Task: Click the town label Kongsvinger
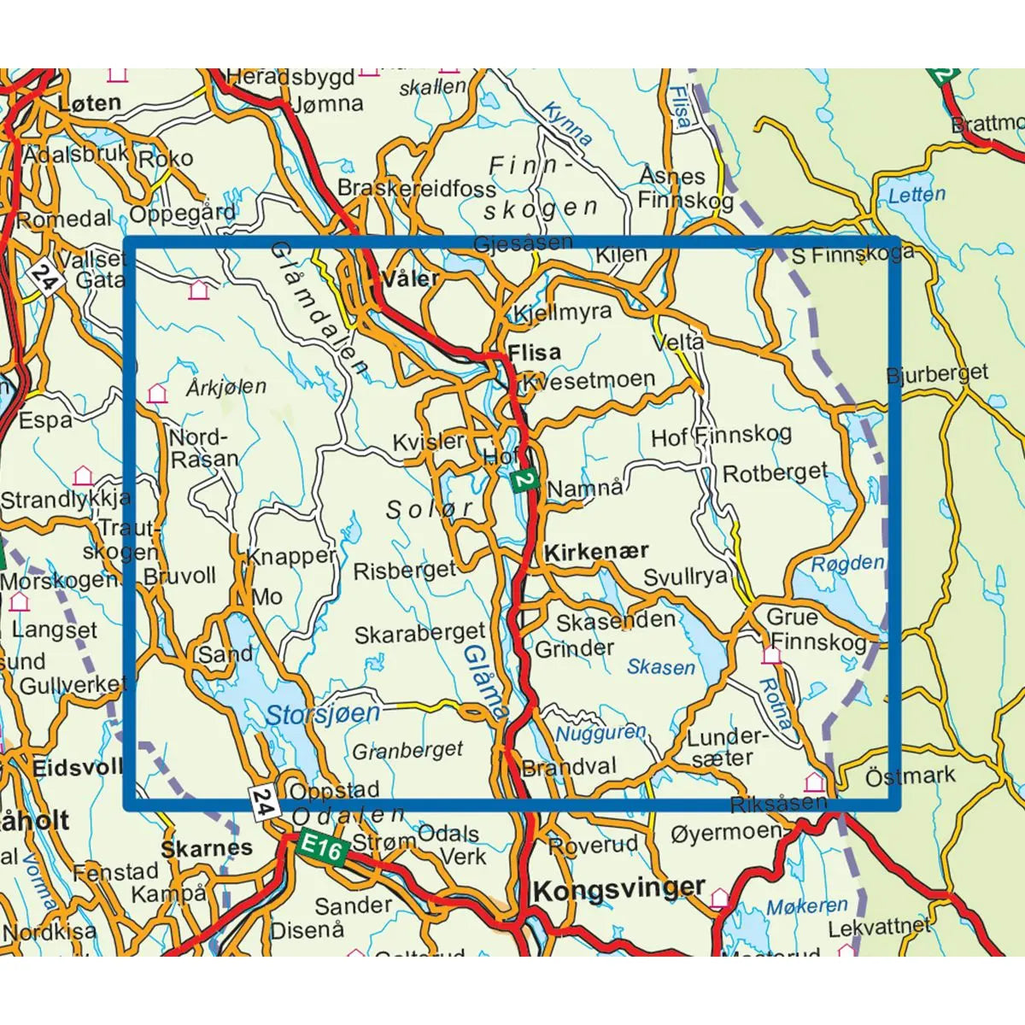click(618, 890)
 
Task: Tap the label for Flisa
click(534, 352)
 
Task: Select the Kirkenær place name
click(596, 552)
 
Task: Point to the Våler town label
click(412, 278)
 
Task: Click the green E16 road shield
click(322, 848)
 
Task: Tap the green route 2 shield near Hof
click(524, 481)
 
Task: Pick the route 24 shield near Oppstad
click(265, 803)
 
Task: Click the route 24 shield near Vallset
click(44, 278)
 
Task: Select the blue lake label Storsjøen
click(322, 714)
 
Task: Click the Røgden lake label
click(847, 564)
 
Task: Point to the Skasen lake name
click(661, 667)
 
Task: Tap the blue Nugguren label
click(600, 734)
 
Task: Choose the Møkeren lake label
click(806, 906)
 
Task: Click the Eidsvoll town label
click(77, 767)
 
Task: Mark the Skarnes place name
click(207, 848)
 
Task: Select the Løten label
click(89, 103)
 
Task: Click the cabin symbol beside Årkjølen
click(156, 394)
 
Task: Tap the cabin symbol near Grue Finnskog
click(771, 655)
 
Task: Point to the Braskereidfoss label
click(417, 188)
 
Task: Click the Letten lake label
click(917, 195)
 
